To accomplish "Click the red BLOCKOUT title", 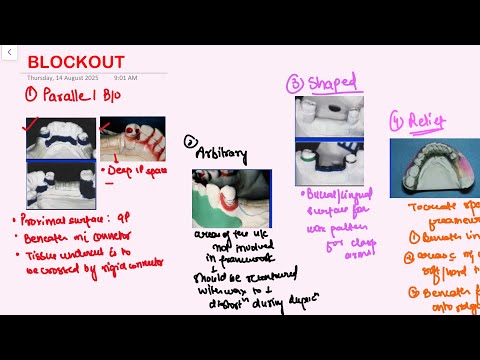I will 75,61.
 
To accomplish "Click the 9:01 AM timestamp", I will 126,76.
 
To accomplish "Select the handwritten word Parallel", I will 74,96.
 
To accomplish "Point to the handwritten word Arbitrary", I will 221,154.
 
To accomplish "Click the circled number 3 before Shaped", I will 295,84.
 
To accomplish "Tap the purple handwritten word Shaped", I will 330,83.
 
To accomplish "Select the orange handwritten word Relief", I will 433,123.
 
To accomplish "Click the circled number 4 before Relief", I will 399,124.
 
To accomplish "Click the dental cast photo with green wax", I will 231,198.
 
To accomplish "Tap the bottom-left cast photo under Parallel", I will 60,183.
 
